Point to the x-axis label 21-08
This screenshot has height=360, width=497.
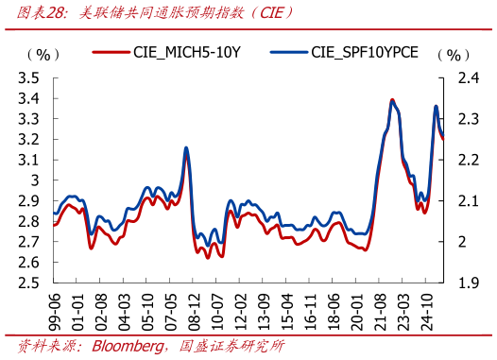[388, 310]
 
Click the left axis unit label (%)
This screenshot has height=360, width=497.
[43, 55]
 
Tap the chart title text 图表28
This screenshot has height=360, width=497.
[26, 12]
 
